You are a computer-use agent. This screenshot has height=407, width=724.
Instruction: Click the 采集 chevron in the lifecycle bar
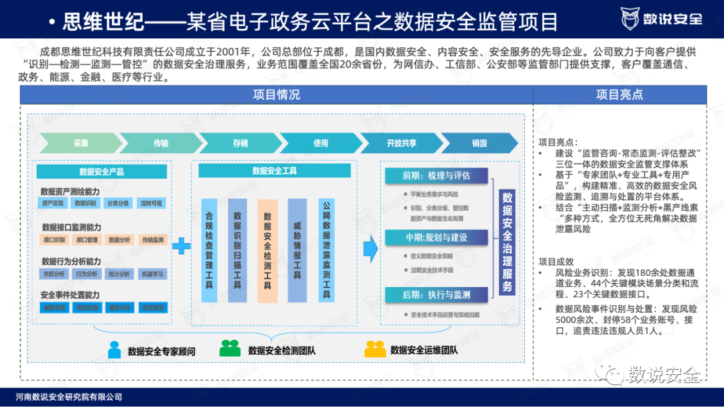tap(80, 143)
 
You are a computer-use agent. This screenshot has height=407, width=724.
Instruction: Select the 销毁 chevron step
tap(479, 143)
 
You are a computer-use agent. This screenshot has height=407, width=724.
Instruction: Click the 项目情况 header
tap(276, 95)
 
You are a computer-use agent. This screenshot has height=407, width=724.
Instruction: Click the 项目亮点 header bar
tap(619, 95)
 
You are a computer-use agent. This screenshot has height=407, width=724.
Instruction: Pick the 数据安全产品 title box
tap(101, 171)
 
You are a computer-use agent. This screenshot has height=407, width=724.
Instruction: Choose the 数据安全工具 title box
tap(274, 171)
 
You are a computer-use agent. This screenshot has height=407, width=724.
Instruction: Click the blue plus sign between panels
tap(181, 246)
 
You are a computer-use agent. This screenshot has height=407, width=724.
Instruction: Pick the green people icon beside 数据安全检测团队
tap(230, 348)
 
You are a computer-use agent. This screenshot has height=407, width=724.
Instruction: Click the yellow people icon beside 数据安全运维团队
tap(374, 348)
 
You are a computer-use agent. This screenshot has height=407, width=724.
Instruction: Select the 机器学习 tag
tap(152, 274)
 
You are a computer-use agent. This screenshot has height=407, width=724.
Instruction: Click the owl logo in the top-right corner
tap(631, 18)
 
